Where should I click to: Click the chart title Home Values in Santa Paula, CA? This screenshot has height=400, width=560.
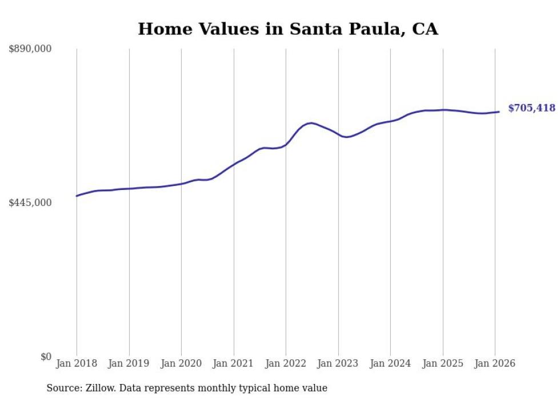288,29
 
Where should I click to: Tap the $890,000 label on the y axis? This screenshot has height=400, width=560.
30,49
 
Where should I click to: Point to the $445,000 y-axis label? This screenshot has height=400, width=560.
30,203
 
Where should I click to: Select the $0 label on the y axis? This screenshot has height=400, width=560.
46,357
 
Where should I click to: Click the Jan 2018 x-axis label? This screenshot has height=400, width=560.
77,364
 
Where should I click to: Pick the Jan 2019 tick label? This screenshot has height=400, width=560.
129,364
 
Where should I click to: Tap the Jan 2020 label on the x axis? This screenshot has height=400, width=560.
181,364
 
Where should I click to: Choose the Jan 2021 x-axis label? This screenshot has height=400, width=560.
234,364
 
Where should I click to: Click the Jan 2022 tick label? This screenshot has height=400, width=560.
286,364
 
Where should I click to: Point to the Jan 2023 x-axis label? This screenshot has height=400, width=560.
338,364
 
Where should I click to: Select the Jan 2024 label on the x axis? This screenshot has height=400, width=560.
390,364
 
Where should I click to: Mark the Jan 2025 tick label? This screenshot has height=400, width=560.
443,364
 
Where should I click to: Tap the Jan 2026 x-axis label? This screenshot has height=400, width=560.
495,364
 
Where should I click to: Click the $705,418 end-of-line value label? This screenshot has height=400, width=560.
531,108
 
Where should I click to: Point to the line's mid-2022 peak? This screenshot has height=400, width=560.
310,123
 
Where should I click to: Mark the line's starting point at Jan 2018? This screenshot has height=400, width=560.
77,196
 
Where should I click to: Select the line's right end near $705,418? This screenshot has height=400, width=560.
499,112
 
